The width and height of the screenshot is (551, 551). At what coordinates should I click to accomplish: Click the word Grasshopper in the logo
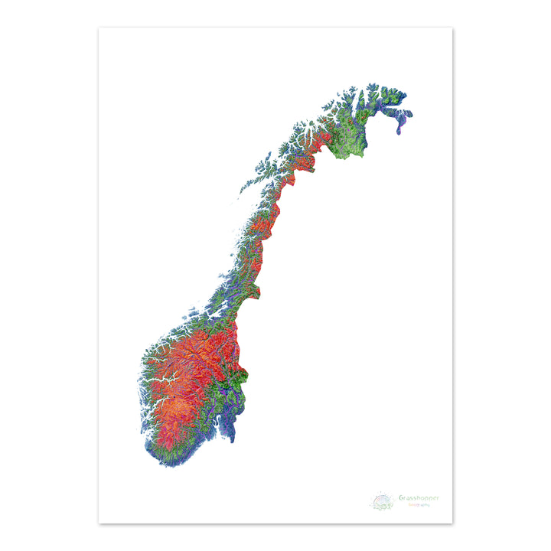coord(419,498)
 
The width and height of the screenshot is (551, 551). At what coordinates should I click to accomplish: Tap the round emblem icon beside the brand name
coord(382,502)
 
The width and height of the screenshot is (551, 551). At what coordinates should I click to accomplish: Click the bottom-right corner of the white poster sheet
coord(452,523)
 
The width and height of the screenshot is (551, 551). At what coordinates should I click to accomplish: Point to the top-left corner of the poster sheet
coord(99,29)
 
